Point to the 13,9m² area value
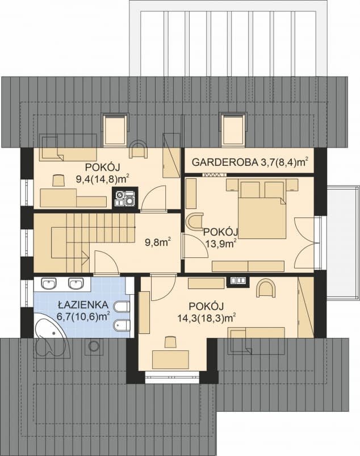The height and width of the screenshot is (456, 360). (x=220, y=244)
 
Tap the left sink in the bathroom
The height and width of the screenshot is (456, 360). (x=49, y=283)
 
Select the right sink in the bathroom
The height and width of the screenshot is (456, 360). (x=76, y=283)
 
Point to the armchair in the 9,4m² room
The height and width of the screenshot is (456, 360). (x=138, y=149)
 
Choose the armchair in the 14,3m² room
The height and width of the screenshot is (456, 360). (x=266, y=288)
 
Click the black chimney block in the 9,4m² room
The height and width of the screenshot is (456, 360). (x=124, y=199)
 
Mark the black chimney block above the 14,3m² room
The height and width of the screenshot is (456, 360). (x=236, y=280)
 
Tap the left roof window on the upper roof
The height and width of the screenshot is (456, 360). (x=114, y=129)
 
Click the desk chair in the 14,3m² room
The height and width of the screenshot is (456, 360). (x=169, y=341)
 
